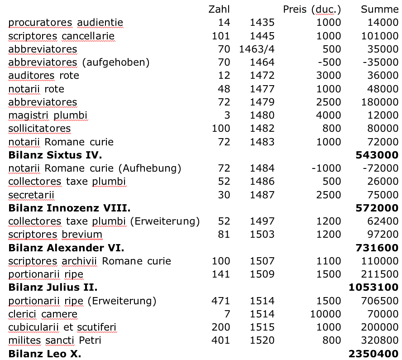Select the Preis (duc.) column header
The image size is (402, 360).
click(x=312, y=9)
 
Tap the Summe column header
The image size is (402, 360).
click(x=379, y=9)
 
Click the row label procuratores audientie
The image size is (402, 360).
click(x=66, y=23)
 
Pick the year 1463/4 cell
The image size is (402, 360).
click(x=257, y=49)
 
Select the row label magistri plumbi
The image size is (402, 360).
click(x=48, y=115)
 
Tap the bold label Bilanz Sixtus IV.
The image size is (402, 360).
click(x=55, y=155)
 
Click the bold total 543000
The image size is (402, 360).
click(x=377, y=155)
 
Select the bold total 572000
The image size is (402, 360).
click(x=377, y=208)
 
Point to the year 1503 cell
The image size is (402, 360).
click(x=262, y=235)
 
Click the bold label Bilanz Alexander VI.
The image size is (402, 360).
click(x=66, y=248)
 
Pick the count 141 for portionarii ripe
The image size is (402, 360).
click(x=221, y=274)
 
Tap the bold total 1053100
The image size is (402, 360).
click(x=373, y=288)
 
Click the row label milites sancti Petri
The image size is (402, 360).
click(x=55, y=341)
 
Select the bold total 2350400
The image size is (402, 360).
click(x=373, y=354)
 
